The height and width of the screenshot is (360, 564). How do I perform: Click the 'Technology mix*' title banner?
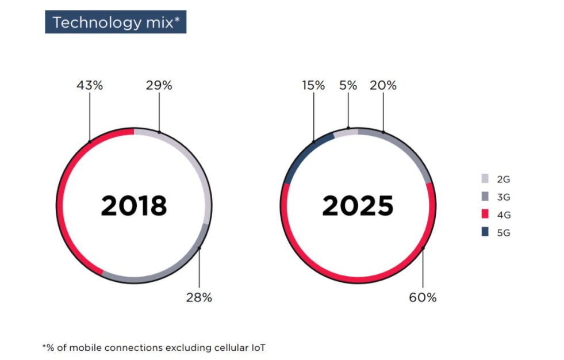click(116, 22)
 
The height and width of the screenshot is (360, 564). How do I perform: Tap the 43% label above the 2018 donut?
click(90, 86)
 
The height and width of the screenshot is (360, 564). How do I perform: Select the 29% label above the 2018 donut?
click(159, 86)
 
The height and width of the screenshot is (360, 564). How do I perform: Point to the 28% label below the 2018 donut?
click(199, 297)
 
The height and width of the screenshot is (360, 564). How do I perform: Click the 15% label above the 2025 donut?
click(313, 86)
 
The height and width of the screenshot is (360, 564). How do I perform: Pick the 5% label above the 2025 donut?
click(348, 86)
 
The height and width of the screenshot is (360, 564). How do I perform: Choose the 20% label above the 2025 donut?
click(383, 86)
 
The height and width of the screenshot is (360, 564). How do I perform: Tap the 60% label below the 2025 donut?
click(423, 297)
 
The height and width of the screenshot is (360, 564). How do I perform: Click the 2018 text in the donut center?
click(134, 206)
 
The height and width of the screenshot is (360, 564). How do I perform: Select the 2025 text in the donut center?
click(358, 206)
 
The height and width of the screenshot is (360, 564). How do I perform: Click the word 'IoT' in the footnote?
click(258, 347)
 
